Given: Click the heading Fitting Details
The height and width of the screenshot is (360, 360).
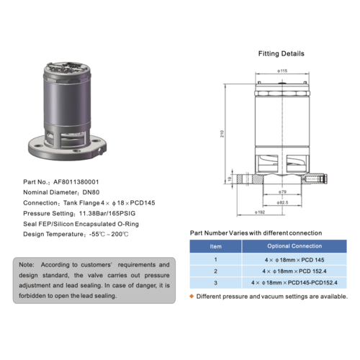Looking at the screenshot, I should coord(281,54).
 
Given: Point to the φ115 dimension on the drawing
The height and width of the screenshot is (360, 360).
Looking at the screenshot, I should coord(282,71).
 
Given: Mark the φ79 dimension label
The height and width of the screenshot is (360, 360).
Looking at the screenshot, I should coord(283,192).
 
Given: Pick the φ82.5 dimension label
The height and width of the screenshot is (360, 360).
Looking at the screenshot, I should coord(283,203).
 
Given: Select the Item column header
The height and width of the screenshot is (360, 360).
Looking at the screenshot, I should coord(215,246).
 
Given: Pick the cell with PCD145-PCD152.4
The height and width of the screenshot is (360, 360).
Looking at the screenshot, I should coord(295,283).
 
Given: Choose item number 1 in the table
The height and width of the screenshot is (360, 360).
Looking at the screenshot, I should coord(215,258).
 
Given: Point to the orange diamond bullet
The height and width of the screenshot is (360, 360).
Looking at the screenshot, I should coord(192,296).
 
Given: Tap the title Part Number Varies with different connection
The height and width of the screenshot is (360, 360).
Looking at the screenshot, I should coord(256,233).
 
